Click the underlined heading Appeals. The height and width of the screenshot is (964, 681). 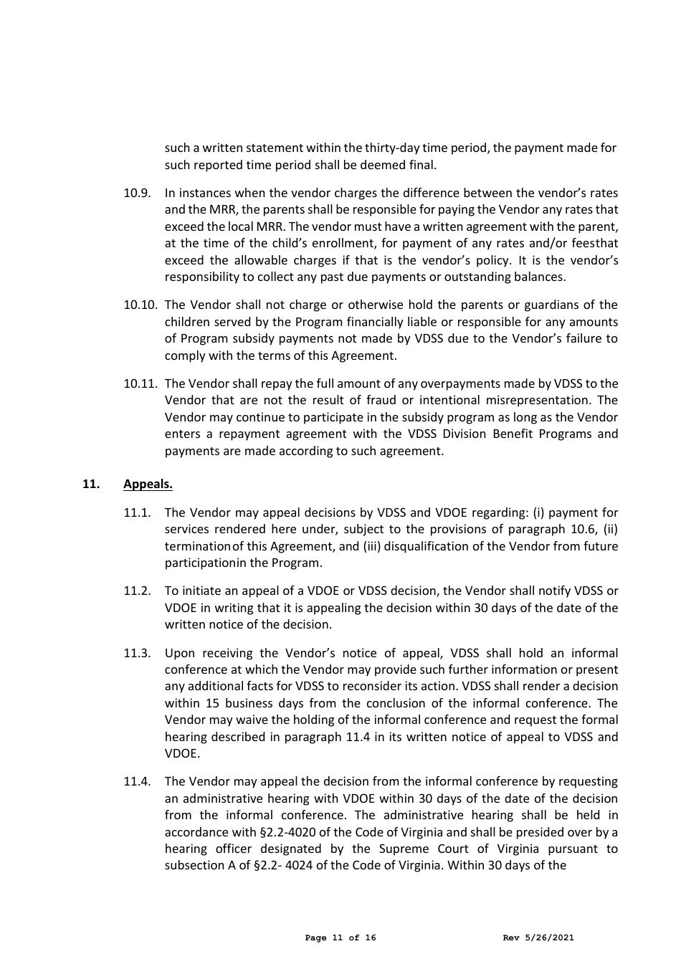tap(148, 484)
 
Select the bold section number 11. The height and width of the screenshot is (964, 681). tap(90, 484)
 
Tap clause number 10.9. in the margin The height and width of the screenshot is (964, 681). tap(136, 193)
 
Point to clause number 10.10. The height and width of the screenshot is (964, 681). tap(140, 305)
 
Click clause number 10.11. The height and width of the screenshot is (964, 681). tap(140, 383)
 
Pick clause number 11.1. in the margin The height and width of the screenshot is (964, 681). tap(136, 512)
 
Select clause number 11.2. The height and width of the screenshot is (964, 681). tap(136, 591)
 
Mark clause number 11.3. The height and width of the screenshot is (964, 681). tap(136, 653)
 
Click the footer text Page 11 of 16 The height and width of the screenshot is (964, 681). tap(340, 937)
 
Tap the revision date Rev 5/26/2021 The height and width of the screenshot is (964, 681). tap(538, 937)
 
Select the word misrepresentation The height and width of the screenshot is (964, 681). tap(536, 401)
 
